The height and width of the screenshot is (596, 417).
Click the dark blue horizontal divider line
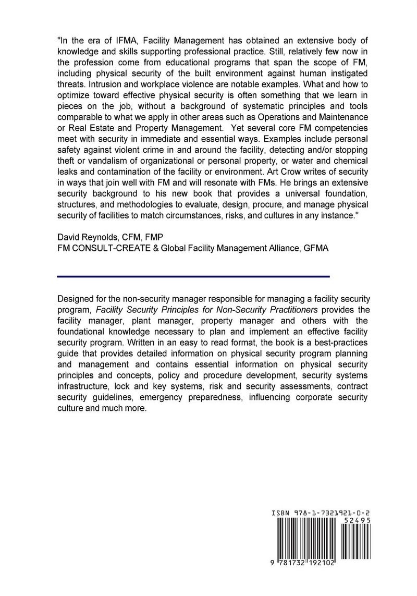193,276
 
